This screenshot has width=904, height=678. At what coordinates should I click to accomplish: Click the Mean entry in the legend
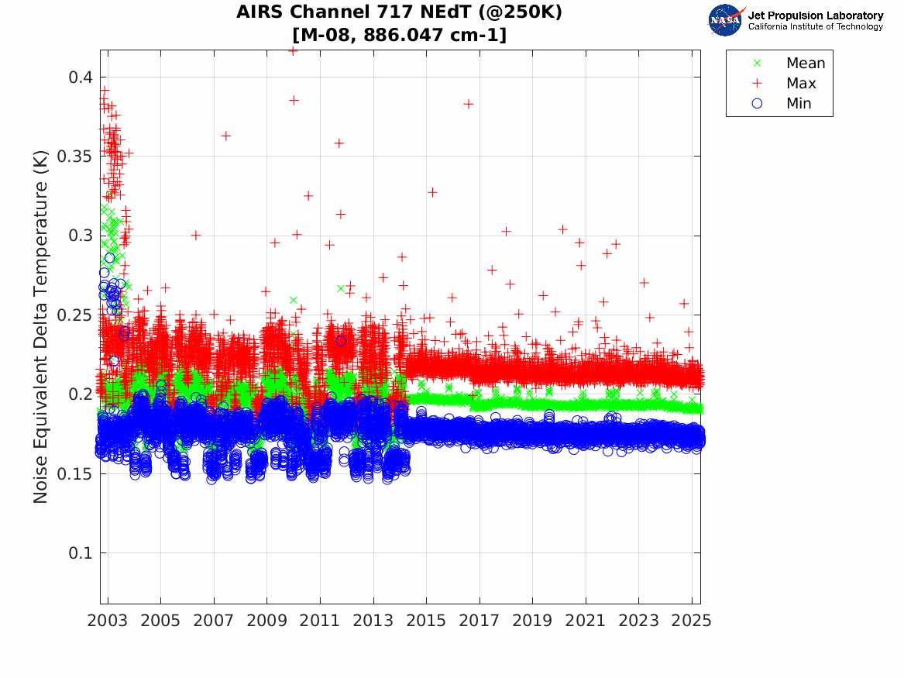pos(805,64)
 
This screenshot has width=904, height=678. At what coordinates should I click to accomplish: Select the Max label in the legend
pos(800,84)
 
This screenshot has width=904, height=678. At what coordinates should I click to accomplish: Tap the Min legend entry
pos(799,104)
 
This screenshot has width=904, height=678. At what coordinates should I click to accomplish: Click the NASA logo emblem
pos(726,20)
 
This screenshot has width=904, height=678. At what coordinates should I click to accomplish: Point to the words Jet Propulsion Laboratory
pos(815,15)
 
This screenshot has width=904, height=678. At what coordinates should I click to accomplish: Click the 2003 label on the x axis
pos(108,621)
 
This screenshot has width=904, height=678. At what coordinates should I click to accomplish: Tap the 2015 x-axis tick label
pos(426,621)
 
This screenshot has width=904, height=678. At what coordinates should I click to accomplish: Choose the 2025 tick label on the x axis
pos(692,621)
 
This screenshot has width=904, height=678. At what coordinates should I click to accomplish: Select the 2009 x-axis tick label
pos(267,621)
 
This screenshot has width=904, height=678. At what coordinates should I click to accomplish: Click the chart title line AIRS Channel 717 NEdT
pos(400,12)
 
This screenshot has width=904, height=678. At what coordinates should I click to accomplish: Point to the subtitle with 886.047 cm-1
pos(400,35)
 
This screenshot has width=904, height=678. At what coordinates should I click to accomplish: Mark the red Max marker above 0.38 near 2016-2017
pos(468,104)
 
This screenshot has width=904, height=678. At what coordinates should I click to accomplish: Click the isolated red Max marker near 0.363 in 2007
pos(225,136)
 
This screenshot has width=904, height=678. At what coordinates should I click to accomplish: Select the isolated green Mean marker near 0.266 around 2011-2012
pos(340,288)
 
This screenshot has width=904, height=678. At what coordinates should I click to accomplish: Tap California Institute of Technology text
pos(815,27)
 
